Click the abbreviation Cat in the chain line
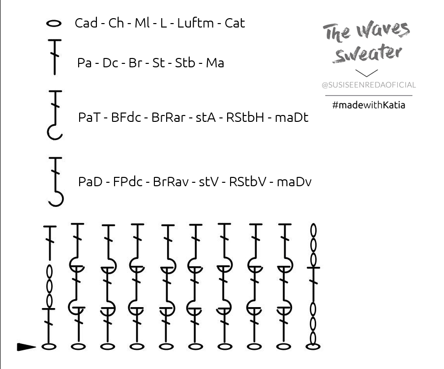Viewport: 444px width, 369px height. (x=235, y=23)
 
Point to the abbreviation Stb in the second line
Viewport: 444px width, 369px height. (x=185, y=63)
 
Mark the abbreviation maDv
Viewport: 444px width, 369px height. (x=294, y=182)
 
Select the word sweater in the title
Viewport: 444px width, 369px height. (x=366, y=54)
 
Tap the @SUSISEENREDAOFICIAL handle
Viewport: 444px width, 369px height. (x=369, y=85)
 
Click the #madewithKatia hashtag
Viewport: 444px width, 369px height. (x=369, y=104)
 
